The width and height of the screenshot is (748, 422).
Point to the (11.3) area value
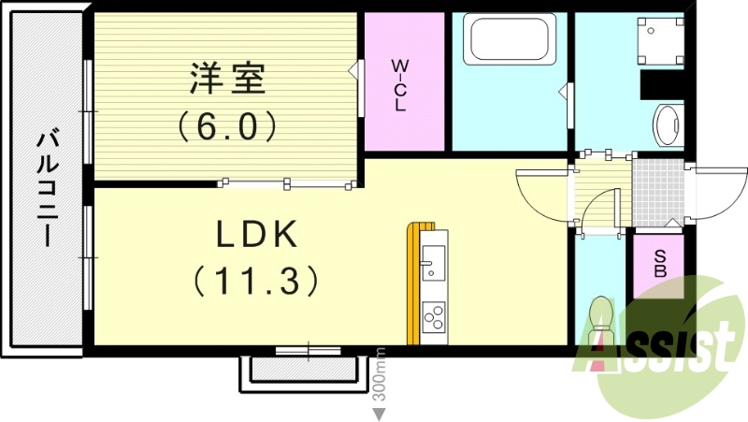[x=257, y=279]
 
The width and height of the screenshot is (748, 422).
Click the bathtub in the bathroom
[x=510, y=40]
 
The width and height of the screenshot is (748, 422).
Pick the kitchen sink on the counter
[x=433, y=263]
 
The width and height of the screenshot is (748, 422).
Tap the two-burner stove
[x=434, y=318]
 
